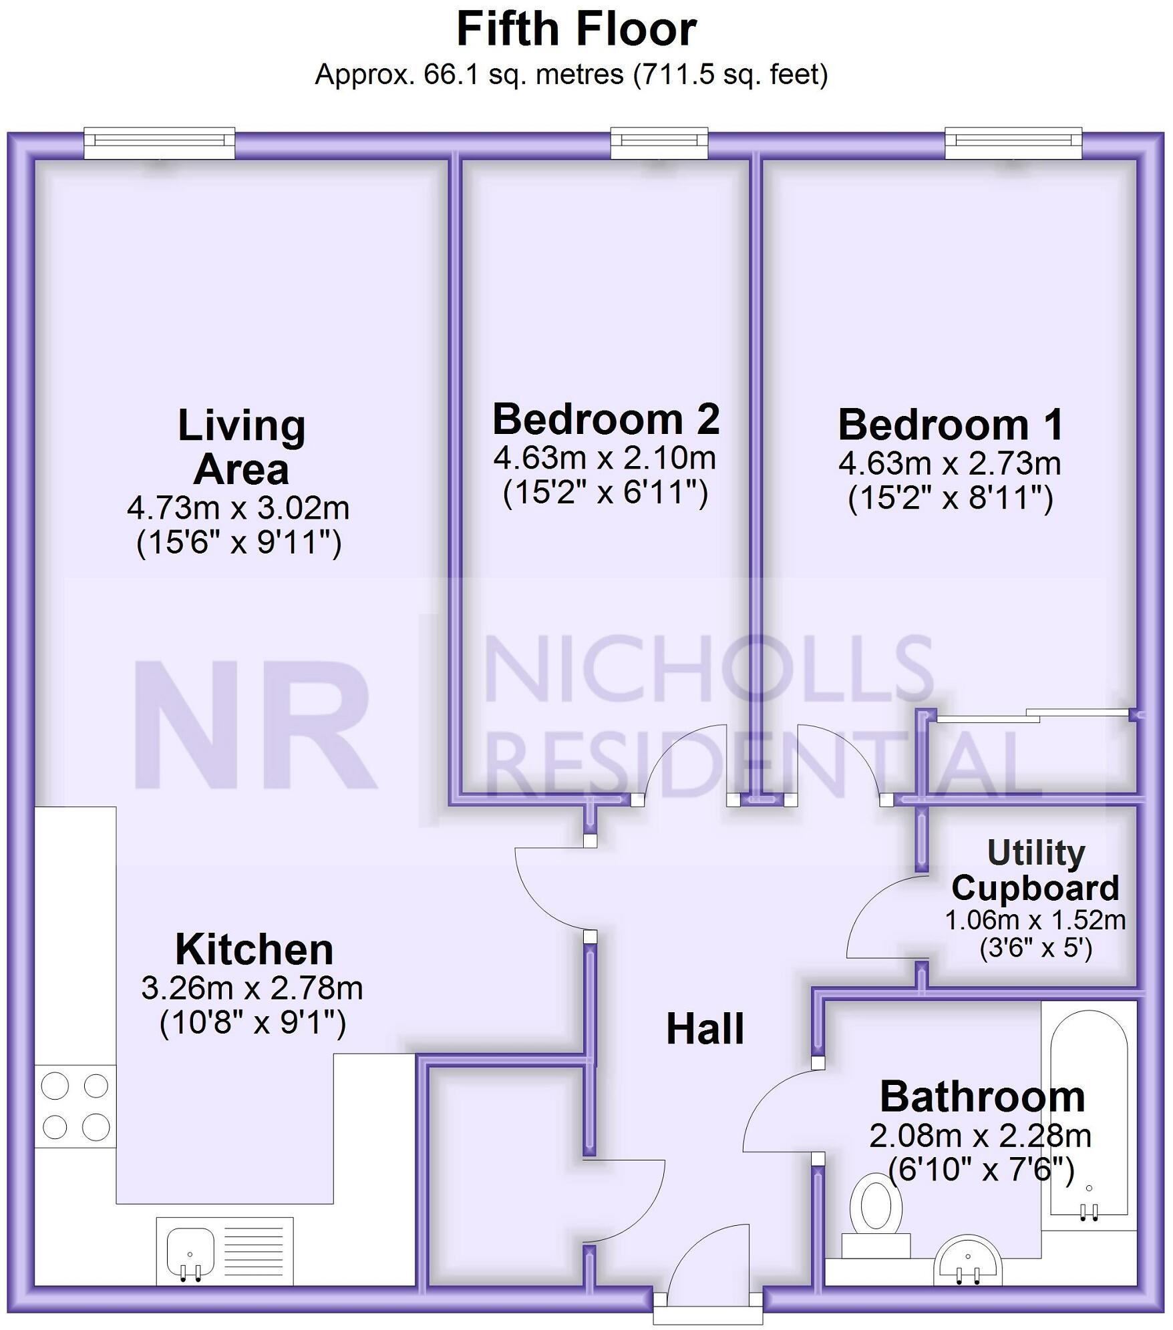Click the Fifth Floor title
tap(576, 29)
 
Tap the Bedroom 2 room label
tap(606, 419)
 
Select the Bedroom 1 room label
tap(951, 425)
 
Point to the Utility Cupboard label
tap(1035, 871)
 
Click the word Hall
tap(705, 1029)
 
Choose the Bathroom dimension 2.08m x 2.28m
tap(980, 1136)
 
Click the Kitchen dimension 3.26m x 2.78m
tap(252, 988)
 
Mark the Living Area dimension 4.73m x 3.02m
tap(238, 509)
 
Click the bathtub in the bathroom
tap(1089, 1112)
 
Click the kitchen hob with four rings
tap(75, 1106)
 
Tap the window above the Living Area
tap(159, 142)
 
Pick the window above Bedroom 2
tap(659, 142)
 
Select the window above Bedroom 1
tap(1013, 142)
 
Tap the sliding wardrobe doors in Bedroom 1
tap(1033, 716)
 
